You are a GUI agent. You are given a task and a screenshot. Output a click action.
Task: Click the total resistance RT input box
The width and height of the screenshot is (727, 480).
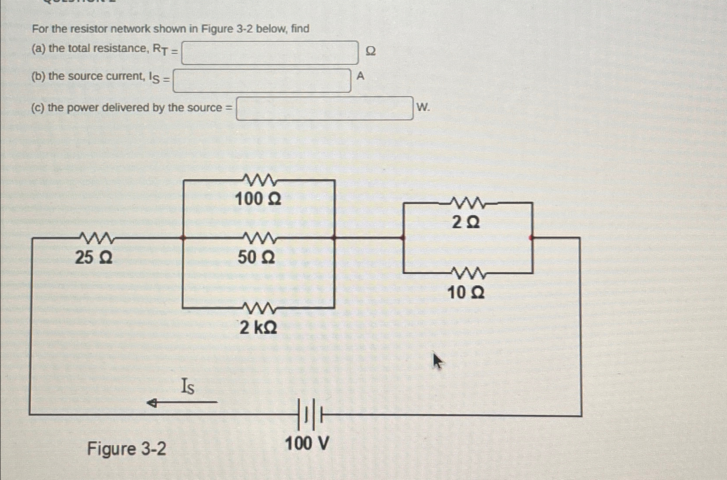pyautogui.click(x=270, y=53)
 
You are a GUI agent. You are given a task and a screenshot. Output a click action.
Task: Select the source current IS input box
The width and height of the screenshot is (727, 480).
pyautogui.click(x=262, y=81)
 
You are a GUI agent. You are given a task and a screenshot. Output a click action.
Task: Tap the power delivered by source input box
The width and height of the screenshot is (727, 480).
pyautogui.click(x=325, y=108)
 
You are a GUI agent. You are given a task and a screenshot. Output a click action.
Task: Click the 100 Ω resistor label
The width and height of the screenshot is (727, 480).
pyautogui.click(x=258, y=199)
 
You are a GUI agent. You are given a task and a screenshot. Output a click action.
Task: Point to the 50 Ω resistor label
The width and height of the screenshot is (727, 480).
pyautogui.click(x=256, y=257)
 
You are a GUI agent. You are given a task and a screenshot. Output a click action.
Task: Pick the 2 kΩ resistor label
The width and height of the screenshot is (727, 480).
pyautogui.click(x=258, y=327)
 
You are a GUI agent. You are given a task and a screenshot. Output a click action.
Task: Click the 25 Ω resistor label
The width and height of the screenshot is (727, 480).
pyautogui.click(x=94, y=257)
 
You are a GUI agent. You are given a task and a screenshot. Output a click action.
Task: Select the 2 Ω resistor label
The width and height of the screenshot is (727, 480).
pyautogui.click(x=466, y=223)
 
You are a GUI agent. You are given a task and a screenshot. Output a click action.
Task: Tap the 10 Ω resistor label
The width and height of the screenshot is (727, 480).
pyautogui.click(x=466, y=293)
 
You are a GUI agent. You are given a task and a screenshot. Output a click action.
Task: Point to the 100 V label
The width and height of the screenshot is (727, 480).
pyautogui.click(x=307, y=444)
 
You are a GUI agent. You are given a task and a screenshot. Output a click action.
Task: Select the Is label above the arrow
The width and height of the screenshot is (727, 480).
pyautogui.click(x=188, y=386)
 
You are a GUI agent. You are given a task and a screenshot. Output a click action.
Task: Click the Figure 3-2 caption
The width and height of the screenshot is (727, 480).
pyautogui.click(x=127, y=448)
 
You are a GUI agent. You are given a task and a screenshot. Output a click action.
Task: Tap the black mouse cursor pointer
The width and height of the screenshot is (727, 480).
pyautogui.click(x=437, y=361)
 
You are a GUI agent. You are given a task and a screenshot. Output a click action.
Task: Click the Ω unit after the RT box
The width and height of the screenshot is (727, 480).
pyautogui.click(x=370, y=51)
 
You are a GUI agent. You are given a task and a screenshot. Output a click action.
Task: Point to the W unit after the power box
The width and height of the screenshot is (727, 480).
pyautogui.click(x=422, y=107)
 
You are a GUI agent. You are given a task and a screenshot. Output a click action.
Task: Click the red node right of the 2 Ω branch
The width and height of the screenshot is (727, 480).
pyautogui.click(x=531, y=238)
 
